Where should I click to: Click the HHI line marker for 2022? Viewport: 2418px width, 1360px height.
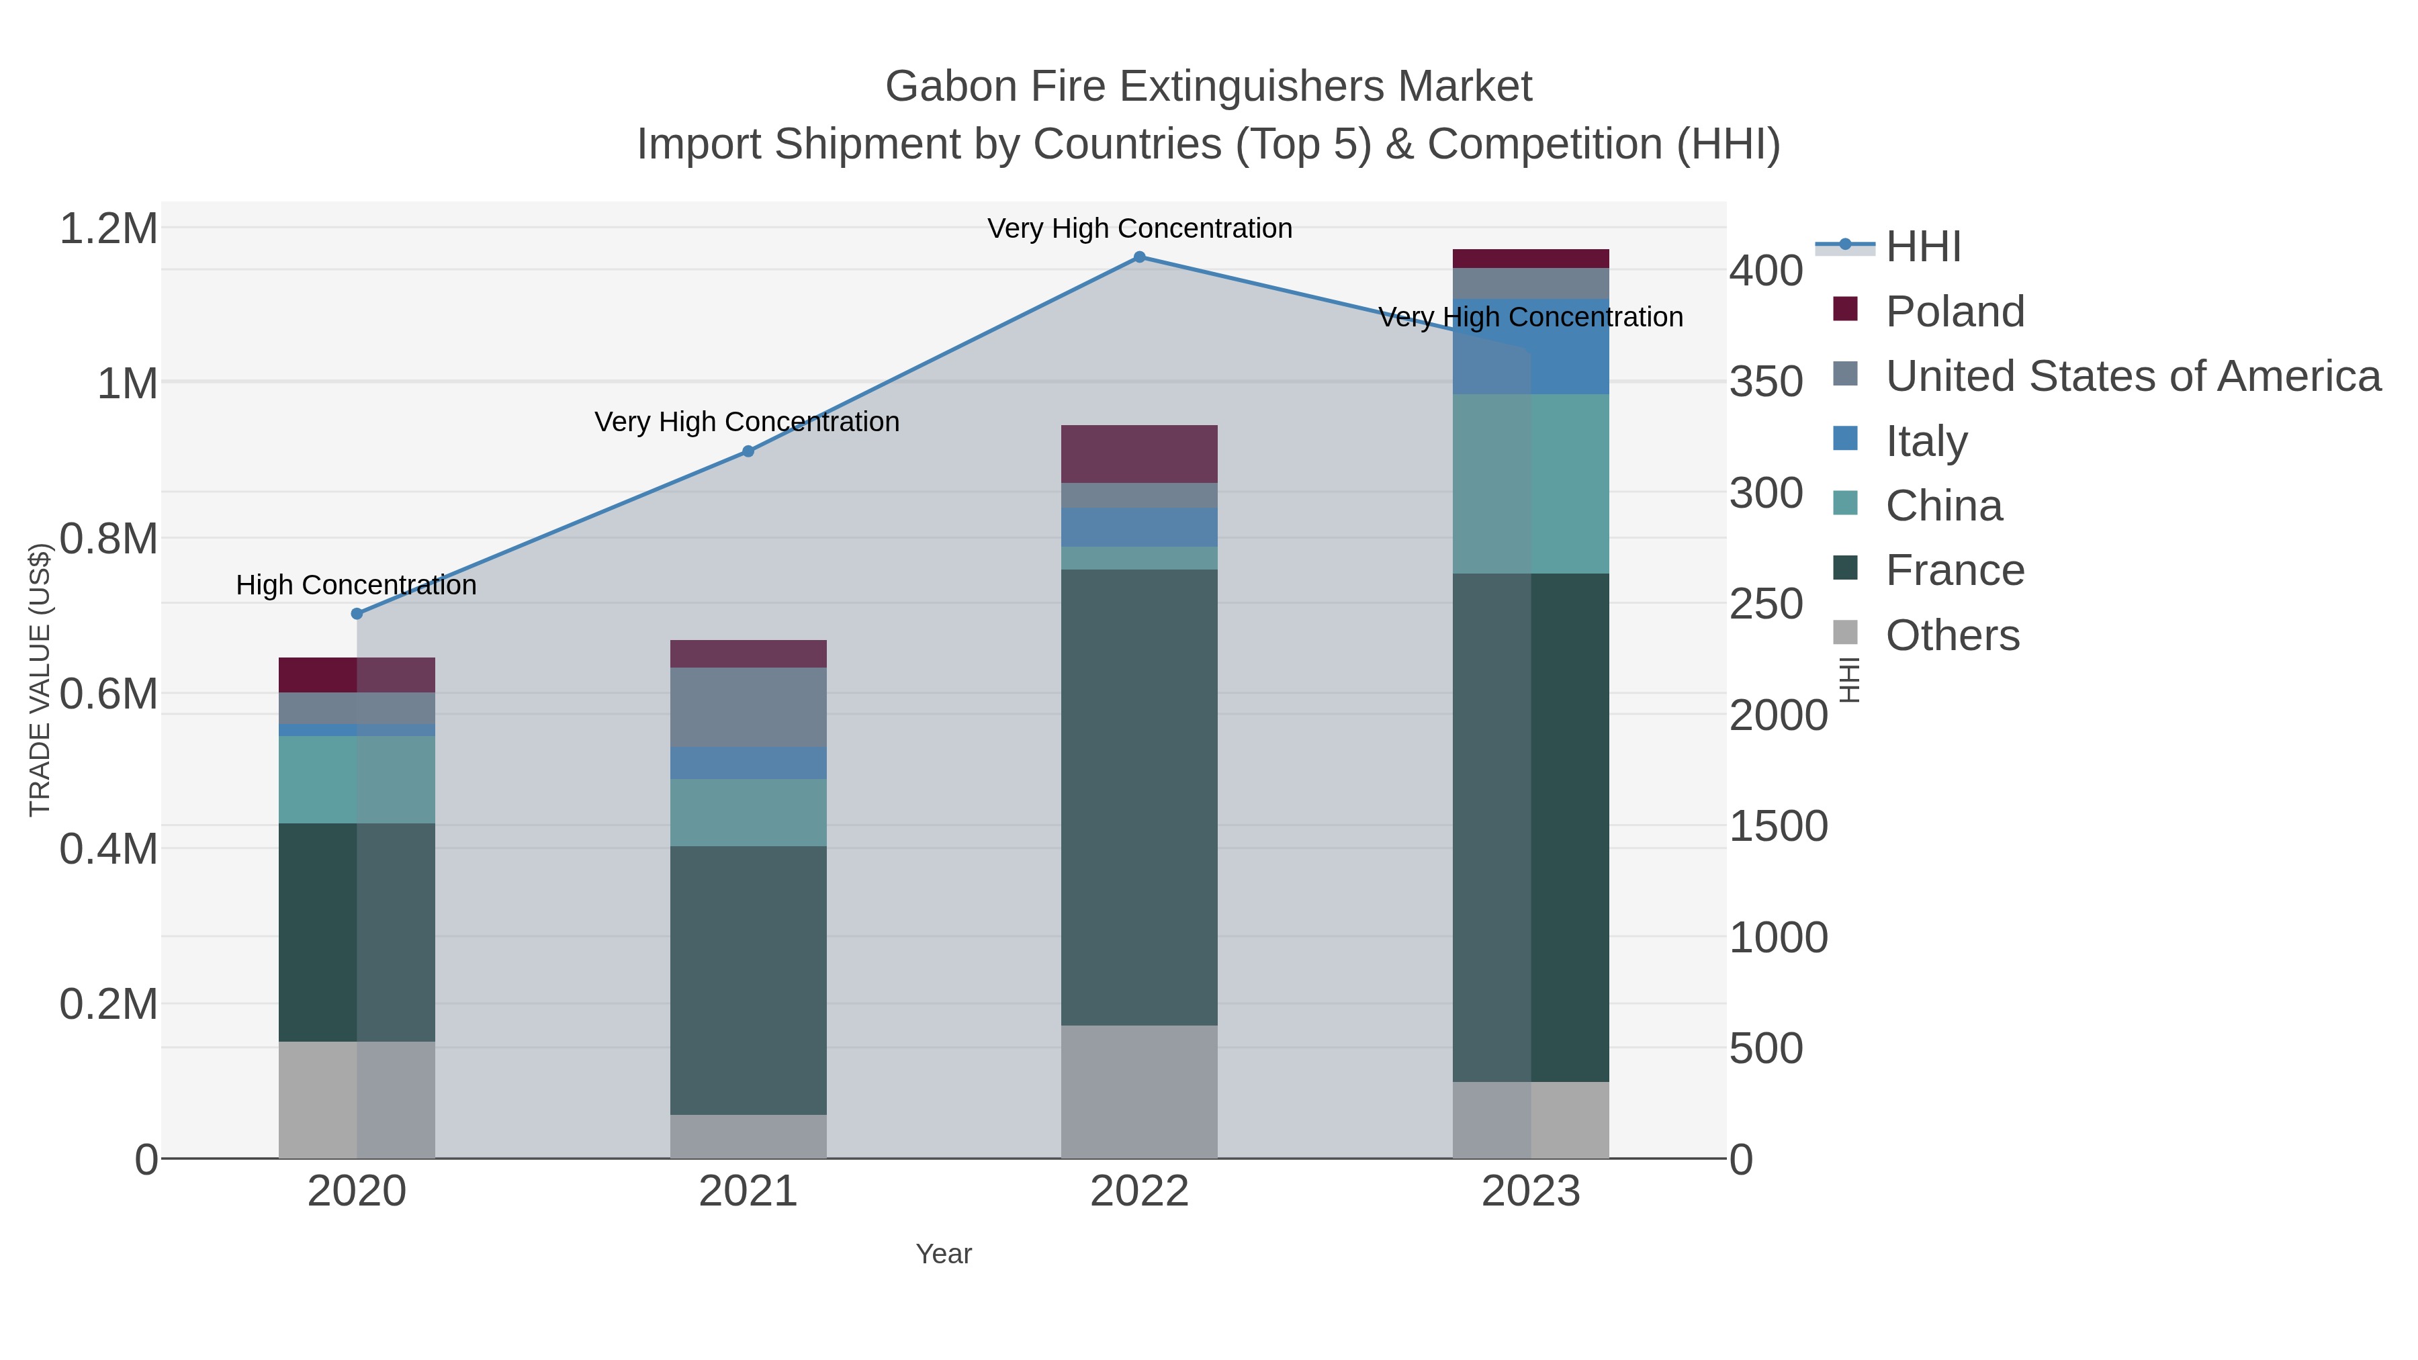pos(1138,257)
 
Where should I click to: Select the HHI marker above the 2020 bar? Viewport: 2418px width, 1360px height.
pos(357,614)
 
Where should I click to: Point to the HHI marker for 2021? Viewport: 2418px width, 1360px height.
pos(748,451)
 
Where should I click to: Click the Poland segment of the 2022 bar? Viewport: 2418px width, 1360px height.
pos(1138,454)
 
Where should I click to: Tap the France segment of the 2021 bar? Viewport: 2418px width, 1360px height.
pos(748,980)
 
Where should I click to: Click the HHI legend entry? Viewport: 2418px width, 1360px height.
pos(1922,247)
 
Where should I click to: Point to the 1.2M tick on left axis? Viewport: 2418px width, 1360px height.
pos(109,229)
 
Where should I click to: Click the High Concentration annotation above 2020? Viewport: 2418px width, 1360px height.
pos(356,585)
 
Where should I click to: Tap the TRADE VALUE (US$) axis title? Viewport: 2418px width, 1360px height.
pos(40,680)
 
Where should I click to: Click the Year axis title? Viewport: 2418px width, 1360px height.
pos(944,1254)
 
